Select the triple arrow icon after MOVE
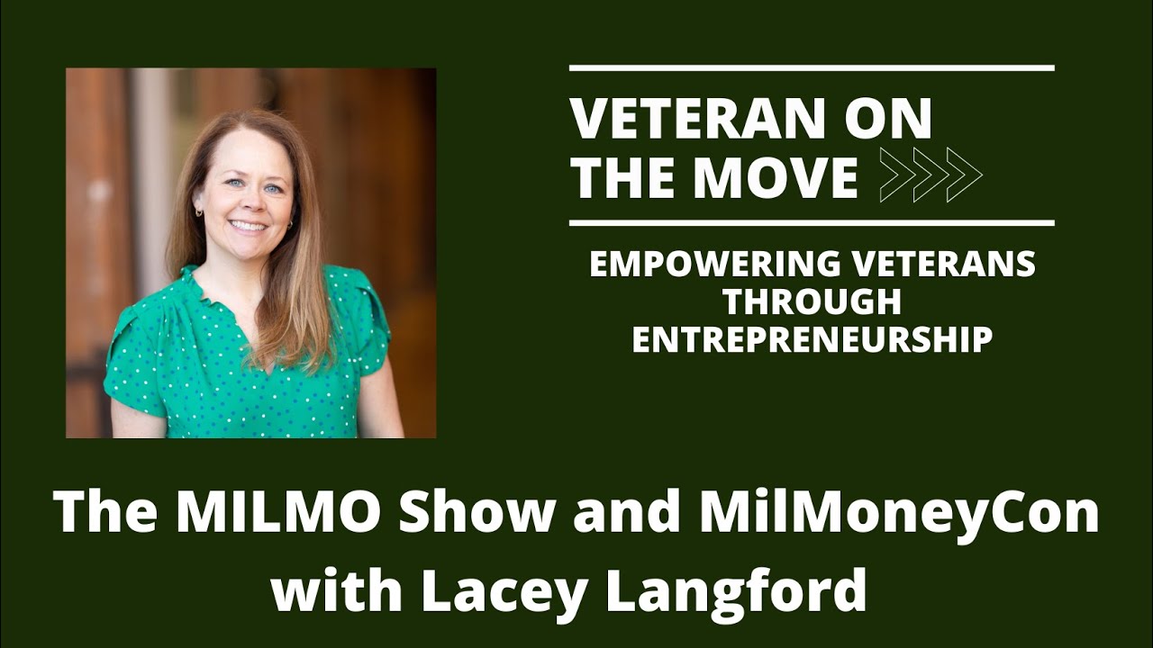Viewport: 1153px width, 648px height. [x=930, y=175]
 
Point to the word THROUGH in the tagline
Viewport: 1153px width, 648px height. [x=812, y=302]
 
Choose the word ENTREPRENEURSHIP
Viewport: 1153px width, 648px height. [x=812, y=339]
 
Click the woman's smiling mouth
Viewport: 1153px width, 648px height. [x=248, y=226]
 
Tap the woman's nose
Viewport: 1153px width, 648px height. [x=246, y=203]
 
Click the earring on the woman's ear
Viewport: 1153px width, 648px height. [x=199, y=213]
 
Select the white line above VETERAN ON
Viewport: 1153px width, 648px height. [x=812, y=68]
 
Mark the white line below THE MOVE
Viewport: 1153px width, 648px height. [x=812, y=222]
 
